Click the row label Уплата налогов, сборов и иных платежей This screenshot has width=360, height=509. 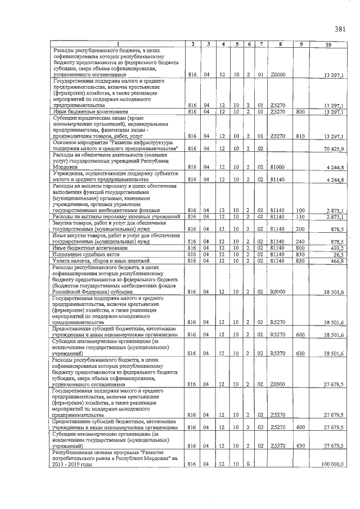click(100, 261)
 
